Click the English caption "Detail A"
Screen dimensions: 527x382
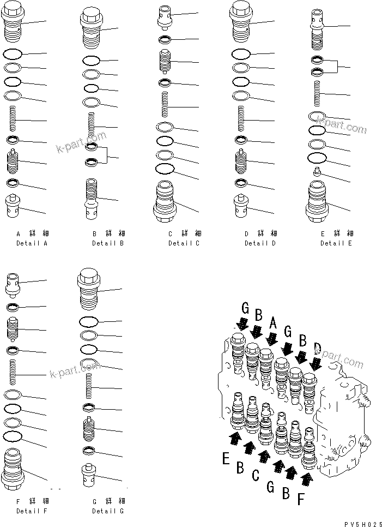click(x=32, y=243)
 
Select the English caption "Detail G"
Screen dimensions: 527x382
click(x=108, y=511)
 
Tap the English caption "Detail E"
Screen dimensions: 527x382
click(x=336, y=243)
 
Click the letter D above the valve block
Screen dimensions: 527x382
click(x=318, y=347)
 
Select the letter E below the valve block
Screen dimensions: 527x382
click(x=226, y=459)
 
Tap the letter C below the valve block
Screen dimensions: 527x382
click(x=255, y=475)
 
